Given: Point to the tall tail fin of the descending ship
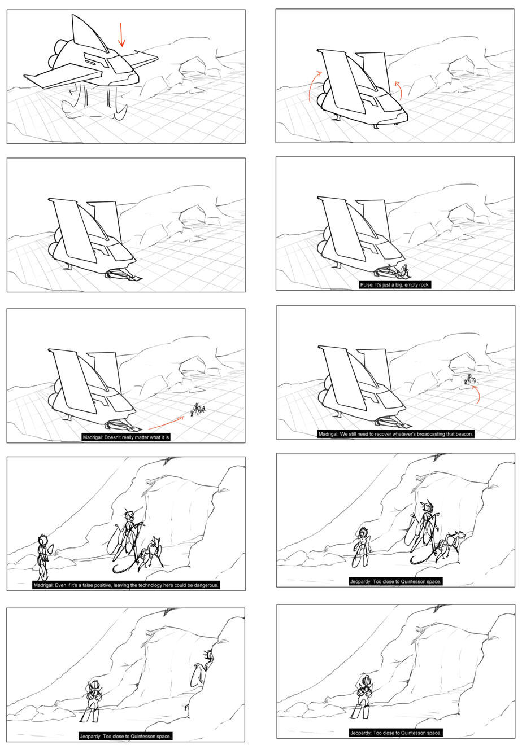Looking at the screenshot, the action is (x=88, y=33).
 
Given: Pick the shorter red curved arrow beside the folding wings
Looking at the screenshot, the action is (x=399, y=90).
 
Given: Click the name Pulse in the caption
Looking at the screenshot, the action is (x=366, y=284).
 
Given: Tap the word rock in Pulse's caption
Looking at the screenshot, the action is (x=424, y=284).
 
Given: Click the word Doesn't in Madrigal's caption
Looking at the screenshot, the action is (x=113, y=437).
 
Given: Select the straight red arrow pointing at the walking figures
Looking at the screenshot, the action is (x=166, y=422).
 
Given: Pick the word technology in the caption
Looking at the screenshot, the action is (x=151, y=585).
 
